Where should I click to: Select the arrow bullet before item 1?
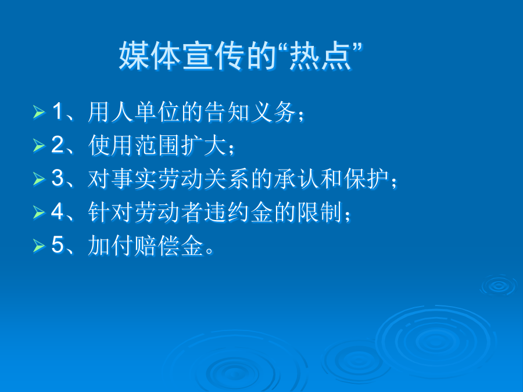[x=39, y=112]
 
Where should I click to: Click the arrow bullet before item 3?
[x=39, y=179]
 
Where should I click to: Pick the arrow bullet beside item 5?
[x=39, y=246]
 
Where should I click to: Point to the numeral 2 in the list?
[x=58, y=145]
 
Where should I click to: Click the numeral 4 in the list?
[x=58, y=211]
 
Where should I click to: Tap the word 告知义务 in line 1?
[x=250, y=112]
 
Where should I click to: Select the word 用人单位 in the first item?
[x=134, y=112]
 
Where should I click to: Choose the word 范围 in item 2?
[x=157, y=145]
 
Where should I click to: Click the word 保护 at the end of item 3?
[x=366, y=179]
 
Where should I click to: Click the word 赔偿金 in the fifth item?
[x=169, y=246]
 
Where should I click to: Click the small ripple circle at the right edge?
[x=499, y=285]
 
